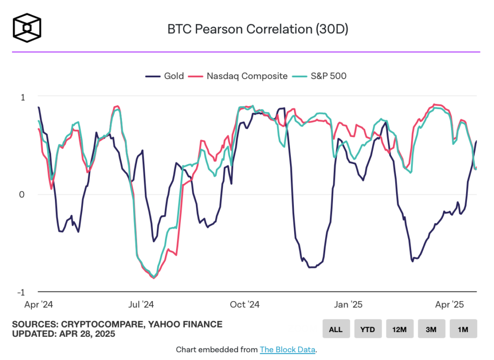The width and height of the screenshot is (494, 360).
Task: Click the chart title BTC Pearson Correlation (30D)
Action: (x=258, y=29)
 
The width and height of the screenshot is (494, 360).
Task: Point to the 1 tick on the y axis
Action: (x=23, y=97)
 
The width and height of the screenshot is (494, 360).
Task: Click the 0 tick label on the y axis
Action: (x=22, y=194)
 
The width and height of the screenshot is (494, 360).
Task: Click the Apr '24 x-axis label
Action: (x=38, y=305)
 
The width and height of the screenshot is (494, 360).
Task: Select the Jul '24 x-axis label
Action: (x=142, y=305)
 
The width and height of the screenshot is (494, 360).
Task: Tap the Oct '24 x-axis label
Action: (x=245, y=305)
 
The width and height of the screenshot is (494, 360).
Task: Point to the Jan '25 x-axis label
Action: (x=348, y=305)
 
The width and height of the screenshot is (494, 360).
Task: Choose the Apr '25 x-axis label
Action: (x=450, y=305)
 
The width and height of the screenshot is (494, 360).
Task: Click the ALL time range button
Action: (x=336, y=329)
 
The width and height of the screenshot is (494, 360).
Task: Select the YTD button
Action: (x=368, y=329)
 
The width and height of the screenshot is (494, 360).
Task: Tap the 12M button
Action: (x=399, y=329)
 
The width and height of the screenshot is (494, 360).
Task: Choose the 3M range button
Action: (x=431, y=329)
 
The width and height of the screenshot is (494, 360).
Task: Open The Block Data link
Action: (x=288, y=349)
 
